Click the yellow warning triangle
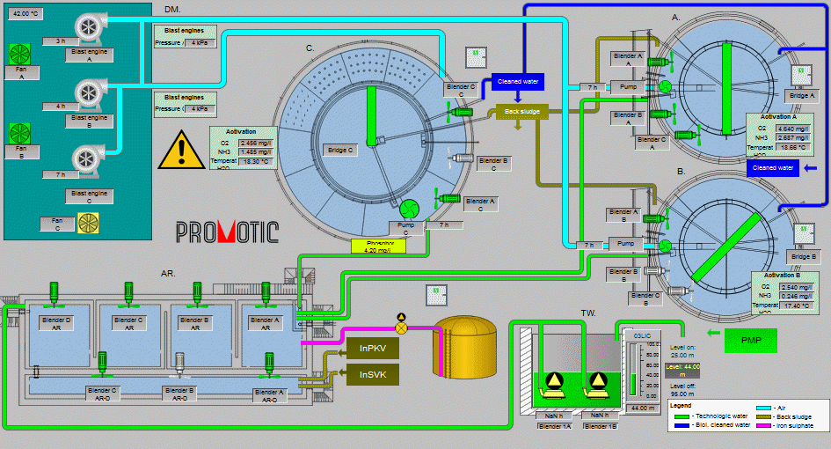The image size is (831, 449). click(180, 151)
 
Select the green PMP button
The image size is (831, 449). click(751, 339)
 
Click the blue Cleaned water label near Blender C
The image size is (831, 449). click(517, 82)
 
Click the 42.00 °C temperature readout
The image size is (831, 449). click(26, 15)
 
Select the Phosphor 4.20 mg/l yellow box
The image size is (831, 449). click(377, 247)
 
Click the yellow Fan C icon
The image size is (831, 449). click(89, 224)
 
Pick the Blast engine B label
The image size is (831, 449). click(90, 120)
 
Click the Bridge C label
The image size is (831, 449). click(339, 151)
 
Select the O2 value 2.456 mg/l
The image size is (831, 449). click(256, 143)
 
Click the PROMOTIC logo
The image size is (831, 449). click(227, 232)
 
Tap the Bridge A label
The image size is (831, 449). click(803, 95)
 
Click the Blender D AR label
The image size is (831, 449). click(55, 324)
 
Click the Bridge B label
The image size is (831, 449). click(803, 256)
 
